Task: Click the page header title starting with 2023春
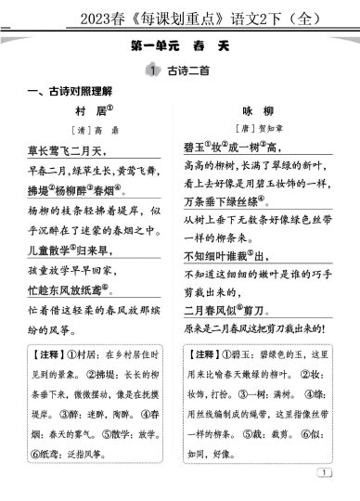(180, 14)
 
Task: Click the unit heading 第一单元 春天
(180, 46)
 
